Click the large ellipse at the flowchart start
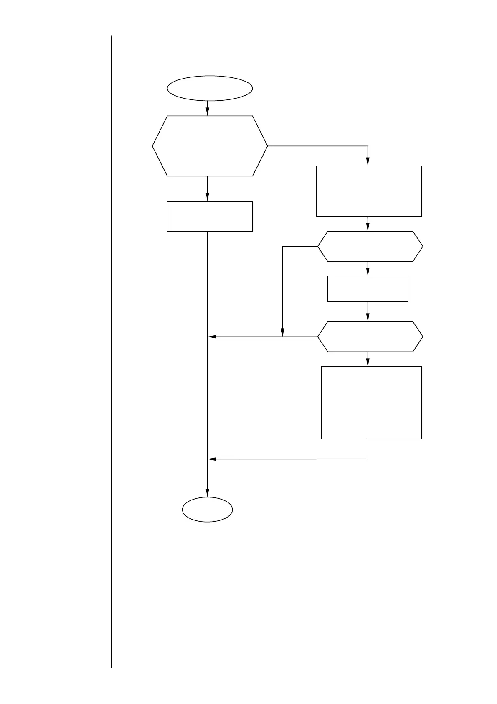pyautogui.click(x=210, y=88)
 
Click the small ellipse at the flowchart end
pyautogui.click(x=207, y=510)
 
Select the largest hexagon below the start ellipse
pyautogui.click(x=210, y=146)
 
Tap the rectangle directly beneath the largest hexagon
pyautogui.click(x=210, y=216)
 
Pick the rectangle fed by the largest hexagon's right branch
pyautogui.click(x=369, y=191)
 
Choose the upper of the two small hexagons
pyautogui.click(x=370, y=246)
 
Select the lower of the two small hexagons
pyautogui.click(x=370, y=337)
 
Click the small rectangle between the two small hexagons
pyautogui.click(x=368, y=288)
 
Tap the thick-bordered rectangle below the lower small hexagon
pyautogui.click(x=371, y=403)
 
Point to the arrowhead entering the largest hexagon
pyautogui.click(x=207, y=112)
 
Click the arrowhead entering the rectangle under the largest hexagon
pyautogui.click(x=207, y=198)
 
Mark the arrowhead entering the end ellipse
pyautogui.click(x=207, y=494)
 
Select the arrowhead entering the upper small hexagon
pyautogui.click(x=368, y=228)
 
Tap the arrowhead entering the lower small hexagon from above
pyautogui.click(x=368, y=318)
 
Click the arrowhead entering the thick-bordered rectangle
pyautogui.click(x=368, y=363)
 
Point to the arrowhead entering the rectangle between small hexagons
pyautogui.click(x=368, y=273)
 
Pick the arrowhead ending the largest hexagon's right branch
pyautogui.click(x=368, y=163)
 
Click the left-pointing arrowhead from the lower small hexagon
pyautogui.click(x=211, y=337)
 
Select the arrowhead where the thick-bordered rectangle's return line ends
pyautogui.click(x=211, y=459)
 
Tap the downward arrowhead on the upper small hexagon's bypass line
pyautogui.click(x=283, y=333)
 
